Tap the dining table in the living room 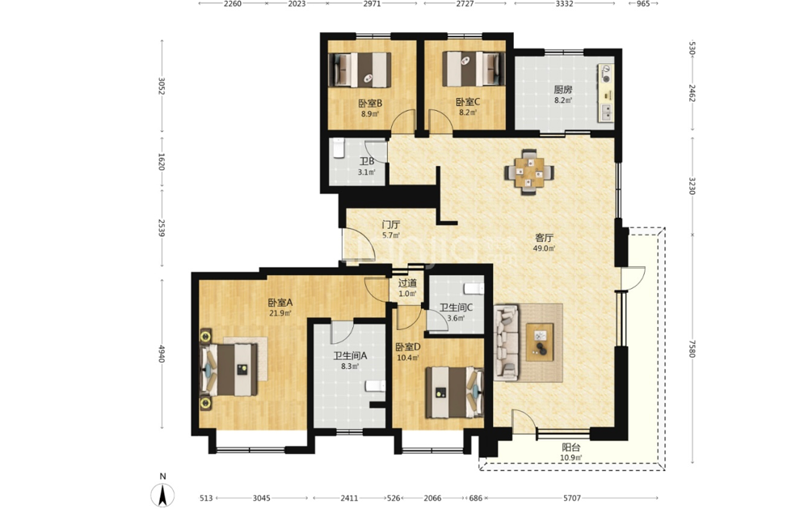[x=529, y=172]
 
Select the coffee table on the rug [x=540, y=342]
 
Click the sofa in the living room [x=506, y=342]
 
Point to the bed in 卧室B [x=360, y=70]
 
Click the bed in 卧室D [x=454, y=392]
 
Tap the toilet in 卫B [x=339, y=148]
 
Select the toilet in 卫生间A [x=375, y=386]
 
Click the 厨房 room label [x=562, y=89]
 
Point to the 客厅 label [x=544, y=238]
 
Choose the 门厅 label [x=391, y=225]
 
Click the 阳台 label [x=570, y=447]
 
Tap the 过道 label [x=407, y=283]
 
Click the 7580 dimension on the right [x=692, y=349]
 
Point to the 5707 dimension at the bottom [x=572, y=498]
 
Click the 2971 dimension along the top [x=372, y=3]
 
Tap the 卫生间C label [x=456, y=308]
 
